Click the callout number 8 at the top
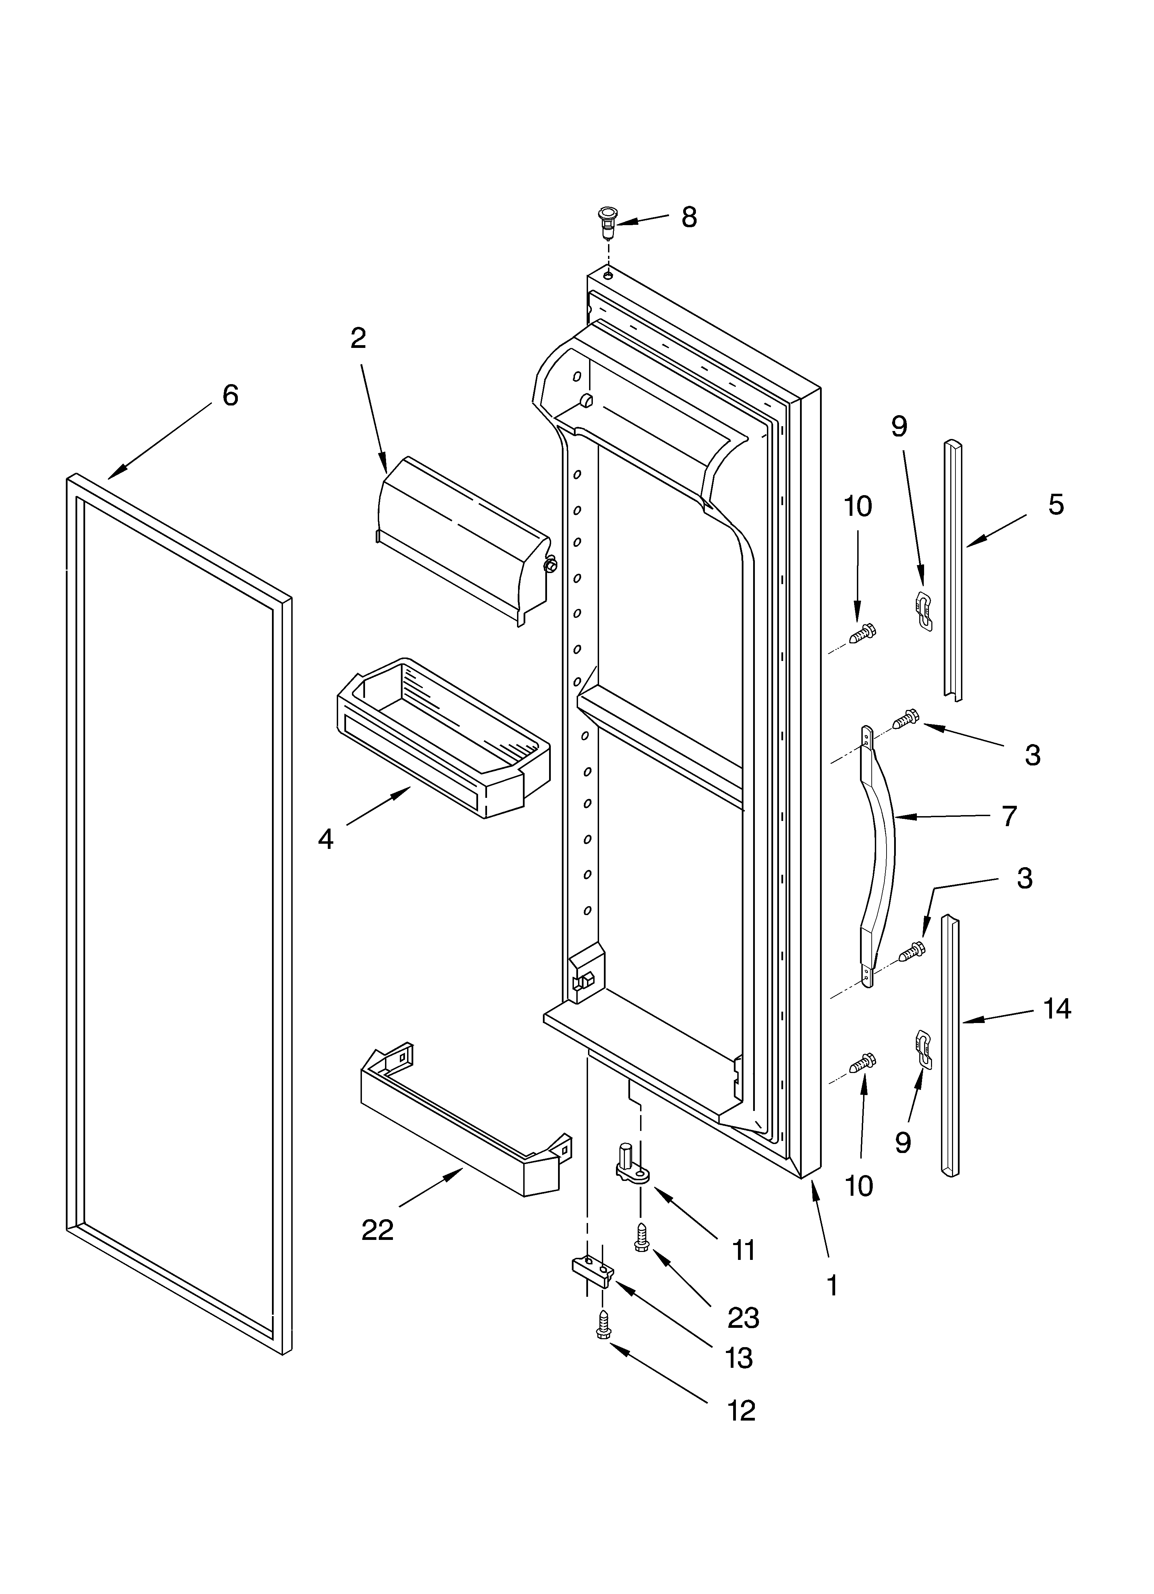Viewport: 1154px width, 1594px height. (689, 218)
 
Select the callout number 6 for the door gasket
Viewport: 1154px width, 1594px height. (230, 396)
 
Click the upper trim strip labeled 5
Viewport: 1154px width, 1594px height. (953, 569)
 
